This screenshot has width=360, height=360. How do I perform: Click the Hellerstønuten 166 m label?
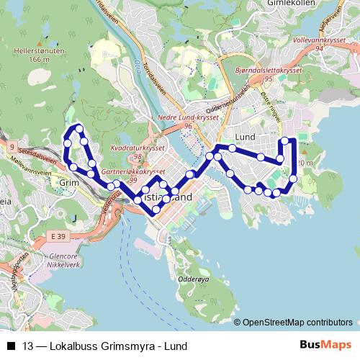click(35, 55)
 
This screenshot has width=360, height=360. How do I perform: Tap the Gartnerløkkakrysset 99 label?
click(135, 175)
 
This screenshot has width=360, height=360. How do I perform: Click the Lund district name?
click(246, 137)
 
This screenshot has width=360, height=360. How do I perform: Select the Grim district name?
click(68, 183)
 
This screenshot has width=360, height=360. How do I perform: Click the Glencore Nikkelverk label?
click(61, 260)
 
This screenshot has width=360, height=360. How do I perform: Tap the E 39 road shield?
click(58, 236)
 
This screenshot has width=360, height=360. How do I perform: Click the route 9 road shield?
click(12, 147)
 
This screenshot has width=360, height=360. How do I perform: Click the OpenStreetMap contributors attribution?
click(297, 322)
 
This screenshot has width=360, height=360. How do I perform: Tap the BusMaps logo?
click(325, 345)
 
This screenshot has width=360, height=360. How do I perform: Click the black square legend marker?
click(11, 346)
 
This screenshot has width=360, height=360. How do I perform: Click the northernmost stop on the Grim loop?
click(78, 128)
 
